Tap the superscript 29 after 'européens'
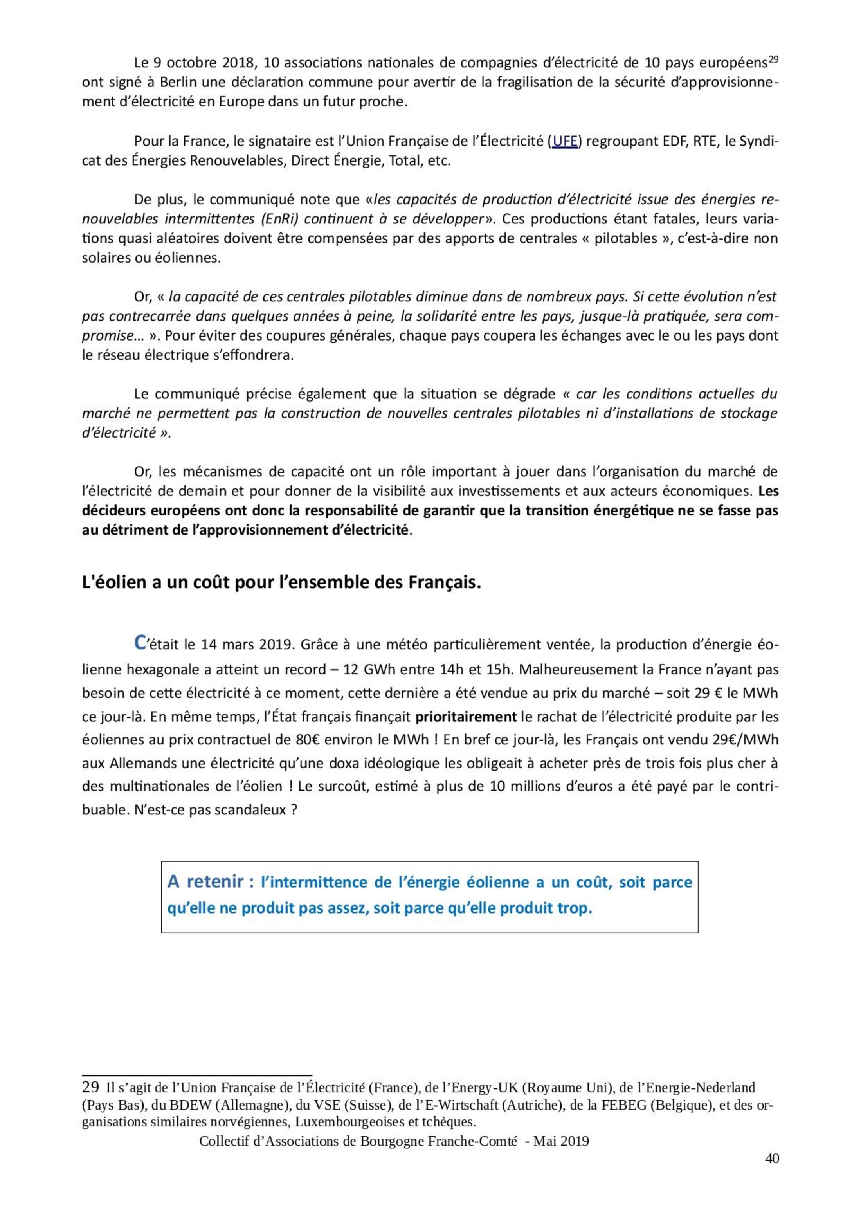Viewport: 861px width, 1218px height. coord(773,59)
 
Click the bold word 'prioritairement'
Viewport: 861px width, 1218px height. coord(466,717)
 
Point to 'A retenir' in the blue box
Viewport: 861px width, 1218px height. coord(213,882)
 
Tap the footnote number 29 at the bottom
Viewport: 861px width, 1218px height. coord(90,1087)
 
